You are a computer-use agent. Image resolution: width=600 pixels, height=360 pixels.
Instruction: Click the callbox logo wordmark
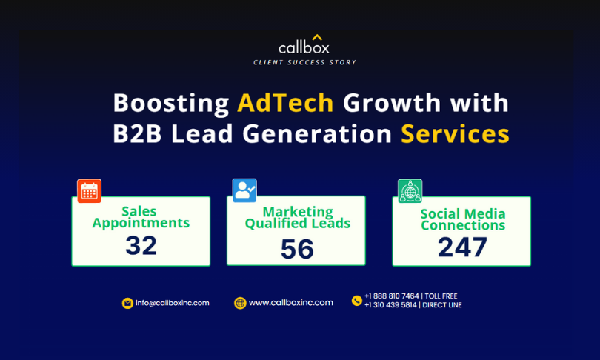click(x=304, y=48)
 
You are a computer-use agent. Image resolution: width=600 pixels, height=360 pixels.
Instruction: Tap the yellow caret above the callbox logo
click(x=317, y=37)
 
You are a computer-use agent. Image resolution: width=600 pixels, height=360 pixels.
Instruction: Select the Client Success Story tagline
click(x=304, y=62)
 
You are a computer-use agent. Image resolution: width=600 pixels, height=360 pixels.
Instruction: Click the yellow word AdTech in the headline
click(x=285, y=102)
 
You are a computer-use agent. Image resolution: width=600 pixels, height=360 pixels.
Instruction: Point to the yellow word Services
click(x=455, y=134)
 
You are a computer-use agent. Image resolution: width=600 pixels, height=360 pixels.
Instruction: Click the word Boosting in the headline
click(x=171, y=103)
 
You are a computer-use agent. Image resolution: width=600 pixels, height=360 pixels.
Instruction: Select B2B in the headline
click(x=137, y=134)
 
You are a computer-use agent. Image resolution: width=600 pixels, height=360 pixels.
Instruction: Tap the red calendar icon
click(x=89, y=190)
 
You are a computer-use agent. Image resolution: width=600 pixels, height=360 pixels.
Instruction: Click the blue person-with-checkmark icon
click(x=244, y=190)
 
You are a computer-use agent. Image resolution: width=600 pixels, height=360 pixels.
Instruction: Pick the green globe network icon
click(x=410, y=191)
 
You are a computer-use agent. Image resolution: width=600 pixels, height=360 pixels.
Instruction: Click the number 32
click(x=141, y=245)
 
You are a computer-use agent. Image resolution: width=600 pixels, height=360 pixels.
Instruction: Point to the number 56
click(x=297, y=249)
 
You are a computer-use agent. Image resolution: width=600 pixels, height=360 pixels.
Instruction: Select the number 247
click(x=462, y=247)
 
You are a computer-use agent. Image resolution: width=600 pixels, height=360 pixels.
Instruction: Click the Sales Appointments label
click(x=141, y=217)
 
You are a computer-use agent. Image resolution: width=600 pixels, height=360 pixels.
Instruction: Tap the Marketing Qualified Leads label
click(x=298, y=217)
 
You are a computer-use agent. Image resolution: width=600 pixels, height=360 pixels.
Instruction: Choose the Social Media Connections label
click(x=463, y=219)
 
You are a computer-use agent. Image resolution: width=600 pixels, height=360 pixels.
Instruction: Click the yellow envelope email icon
click(x=127, y=303)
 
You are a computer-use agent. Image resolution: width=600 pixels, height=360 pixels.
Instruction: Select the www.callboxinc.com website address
click(x=291, y=303)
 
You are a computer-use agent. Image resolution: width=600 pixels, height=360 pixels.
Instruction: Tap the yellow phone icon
click(x=356, y=301)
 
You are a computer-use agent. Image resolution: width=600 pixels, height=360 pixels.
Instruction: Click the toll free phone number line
click(x=411, y=296)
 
